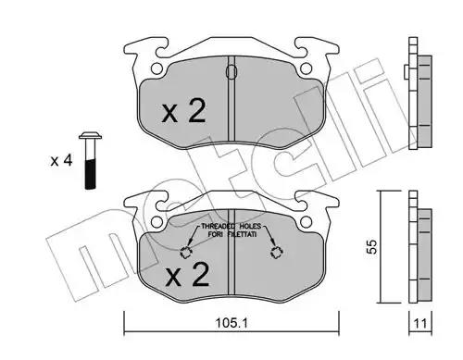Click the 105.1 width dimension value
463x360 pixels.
[231, 323]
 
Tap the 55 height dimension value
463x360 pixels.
[372, 246]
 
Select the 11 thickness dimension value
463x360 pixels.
[420, 324]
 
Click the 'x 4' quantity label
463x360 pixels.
[61, 161]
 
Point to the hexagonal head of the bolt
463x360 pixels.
[91, 136]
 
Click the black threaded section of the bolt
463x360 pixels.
[91, 174]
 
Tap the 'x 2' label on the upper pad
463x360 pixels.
[184, 111]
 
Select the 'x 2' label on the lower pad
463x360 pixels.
[187, 275]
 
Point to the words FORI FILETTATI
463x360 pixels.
[231, 234]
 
